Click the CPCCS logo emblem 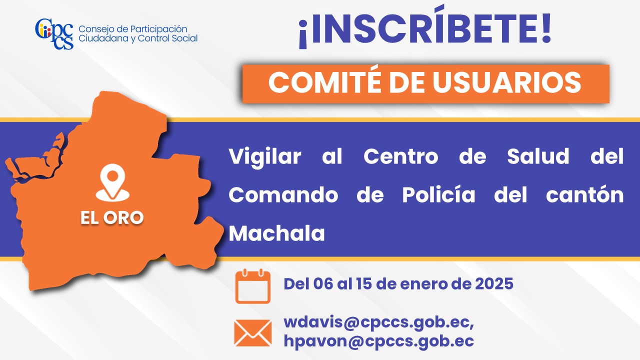54,33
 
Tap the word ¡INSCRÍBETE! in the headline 424,27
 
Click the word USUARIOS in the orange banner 506,82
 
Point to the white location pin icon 112,183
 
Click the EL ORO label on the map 112,217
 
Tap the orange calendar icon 253,286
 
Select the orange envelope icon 253,333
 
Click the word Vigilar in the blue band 265,157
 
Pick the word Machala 276,233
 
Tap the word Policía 438,194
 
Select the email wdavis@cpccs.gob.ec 378,322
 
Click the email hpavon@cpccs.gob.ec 378,341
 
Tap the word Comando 283,195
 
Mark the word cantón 585,194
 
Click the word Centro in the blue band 401,156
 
